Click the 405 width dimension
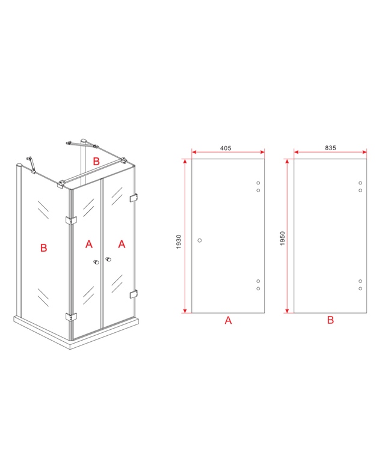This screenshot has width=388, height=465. [x=226, y=147]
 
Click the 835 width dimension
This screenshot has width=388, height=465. [x=330, y=147]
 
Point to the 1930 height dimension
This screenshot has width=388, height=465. [x=179, y=243]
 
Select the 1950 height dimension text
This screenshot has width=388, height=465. [x=281, y=243]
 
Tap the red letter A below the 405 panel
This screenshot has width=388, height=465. [x=228, y=321]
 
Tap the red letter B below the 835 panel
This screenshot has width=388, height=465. [x=330, y=321]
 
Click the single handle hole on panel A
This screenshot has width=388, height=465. [x=200, y=240]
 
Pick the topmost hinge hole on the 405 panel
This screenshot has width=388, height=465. [x=258, y=183]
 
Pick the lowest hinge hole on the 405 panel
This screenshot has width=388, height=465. [x=258, y=289]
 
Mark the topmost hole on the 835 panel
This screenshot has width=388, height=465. [x=360, y=183]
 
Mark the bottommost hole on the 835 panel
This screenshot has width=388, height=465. [x=360, y=289]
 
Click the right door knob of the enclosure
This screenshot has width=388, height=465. [x=109, y=260]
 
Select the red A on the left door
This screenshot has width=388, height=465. [x=89, y=244]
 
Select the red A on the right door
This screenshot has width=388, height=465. [x=122, y=244]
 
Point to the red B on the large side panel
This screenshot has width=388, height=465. [x=43, y=248]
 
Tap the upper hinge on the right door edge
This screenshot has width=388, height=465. [x=134, y=198]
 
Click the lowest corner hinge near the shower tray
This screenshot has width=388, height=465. [x=72, y=317]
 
